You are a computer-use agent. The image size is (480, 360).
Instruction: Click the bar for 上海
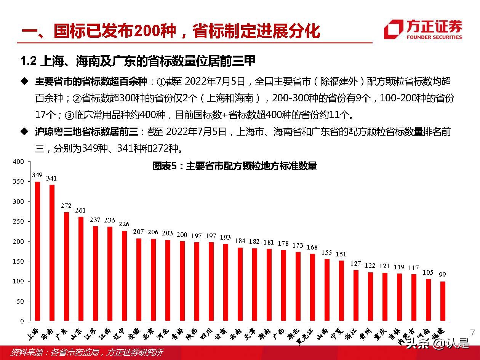(x=37, y=251)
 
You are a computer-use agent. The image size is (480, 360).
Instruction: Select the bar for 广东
(x=66, y=266)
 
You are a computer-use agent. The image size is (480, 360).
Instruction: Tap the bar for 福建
(x=443, y=301)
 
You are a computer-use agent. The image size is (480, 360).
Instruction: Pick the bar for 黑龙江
(x=312, y=287)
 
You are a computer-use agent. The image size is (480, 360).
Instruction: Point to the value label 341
(x=51, y=178)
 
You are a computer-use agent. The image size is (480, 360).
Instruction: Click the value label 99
(x=442, y=275)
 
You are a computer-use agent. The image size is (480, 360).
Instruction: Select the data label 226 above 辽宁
(x=124, y=224)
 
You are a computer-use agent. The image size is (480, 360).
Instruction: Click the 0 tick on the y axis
(x=22, y=321)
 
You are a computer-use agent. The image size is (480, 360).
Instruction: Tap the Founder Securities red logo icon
(x=393, y=29)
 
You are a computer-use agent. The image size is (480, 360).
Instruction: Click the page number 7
(x=473, y=332)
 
